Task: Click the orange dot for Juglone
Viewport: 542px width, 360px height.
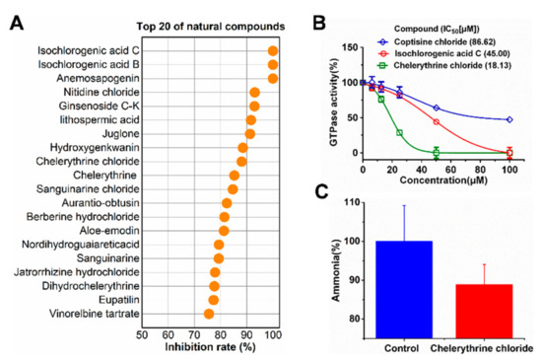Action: pos(250,133)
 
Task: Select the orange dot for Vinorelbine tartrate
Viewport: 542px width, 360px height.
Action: pos(209,314)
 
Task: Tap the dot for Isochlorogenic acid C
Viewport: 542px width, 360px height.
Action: pos(273,50)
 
